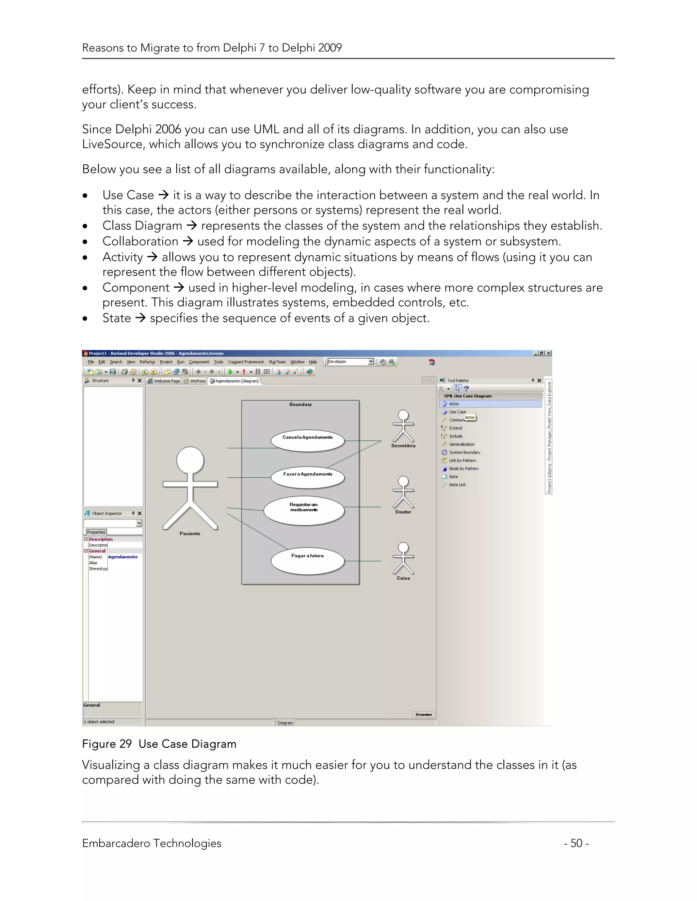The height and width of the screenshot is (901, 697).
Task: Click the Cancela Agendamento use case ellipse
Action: [x=308, y=440]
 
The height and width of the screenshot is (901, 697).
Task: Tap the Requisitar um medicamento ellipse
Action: [x=304, y=510]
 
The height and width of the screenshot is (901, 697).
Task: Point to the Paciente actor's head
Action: [x=190, y=460]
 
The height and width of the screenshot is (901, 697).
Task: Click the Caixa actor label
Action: [x=403, y=578]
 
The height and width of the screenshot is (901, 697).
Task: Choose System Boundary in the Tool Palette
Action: [x=465, y=452]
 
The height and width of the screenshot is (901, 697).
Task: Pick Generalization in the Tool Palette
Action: [x=461, y=444]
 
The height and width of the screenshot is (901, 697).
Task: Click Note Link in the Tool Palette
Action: [x=457, y=485]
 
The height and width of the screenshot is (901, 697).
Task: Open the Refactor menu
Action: [x=147, y=362]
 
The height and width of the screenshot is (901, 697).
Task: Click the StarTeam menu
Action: [x=277, y=362]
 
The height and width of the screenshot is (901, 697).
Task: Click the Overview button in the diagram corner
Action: [x=423, y=714]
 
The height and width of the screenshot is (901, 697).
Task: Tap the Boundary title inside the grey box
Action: [x=300, y=404]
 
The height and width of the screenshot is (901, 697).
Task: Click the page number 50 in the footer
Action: [x=577, y=843]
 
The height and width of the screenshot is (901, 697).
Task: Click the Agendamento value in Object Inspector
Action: [x=123, y=557]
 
